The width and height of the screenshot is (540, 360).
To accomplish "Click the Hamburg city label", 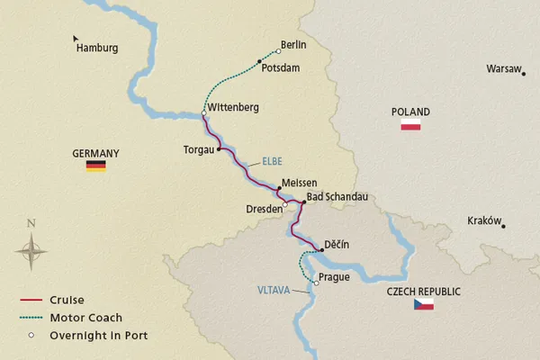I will [98, 49].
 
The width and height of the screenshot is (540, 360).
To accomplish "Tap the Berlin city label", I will [294, 44].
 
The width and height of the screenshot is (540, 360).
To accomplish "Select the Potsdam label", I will [282, 68].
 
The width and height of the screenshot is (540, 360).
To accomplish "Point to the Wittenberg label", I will [233, 108].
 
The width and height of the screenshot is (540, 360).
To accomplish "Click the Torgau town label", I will [200, 150].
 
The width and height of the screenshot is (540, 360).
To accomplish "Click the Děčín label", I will [337, 245].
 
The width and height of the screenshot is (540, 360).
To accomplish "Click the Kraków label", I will [484, 220].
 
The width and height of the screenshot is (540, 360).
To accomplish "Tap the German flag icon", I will [95, 166].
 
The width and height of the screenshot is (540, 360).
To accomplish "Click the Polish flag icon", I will [410, 125].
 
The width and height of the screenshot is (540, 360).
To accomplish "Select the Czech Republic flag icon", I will [423, 305].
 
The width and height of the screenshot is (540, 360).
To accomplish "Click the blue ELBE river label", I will [272, 162].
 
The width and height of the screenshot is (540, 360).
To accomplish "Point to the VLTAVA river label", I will [273, 290].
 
